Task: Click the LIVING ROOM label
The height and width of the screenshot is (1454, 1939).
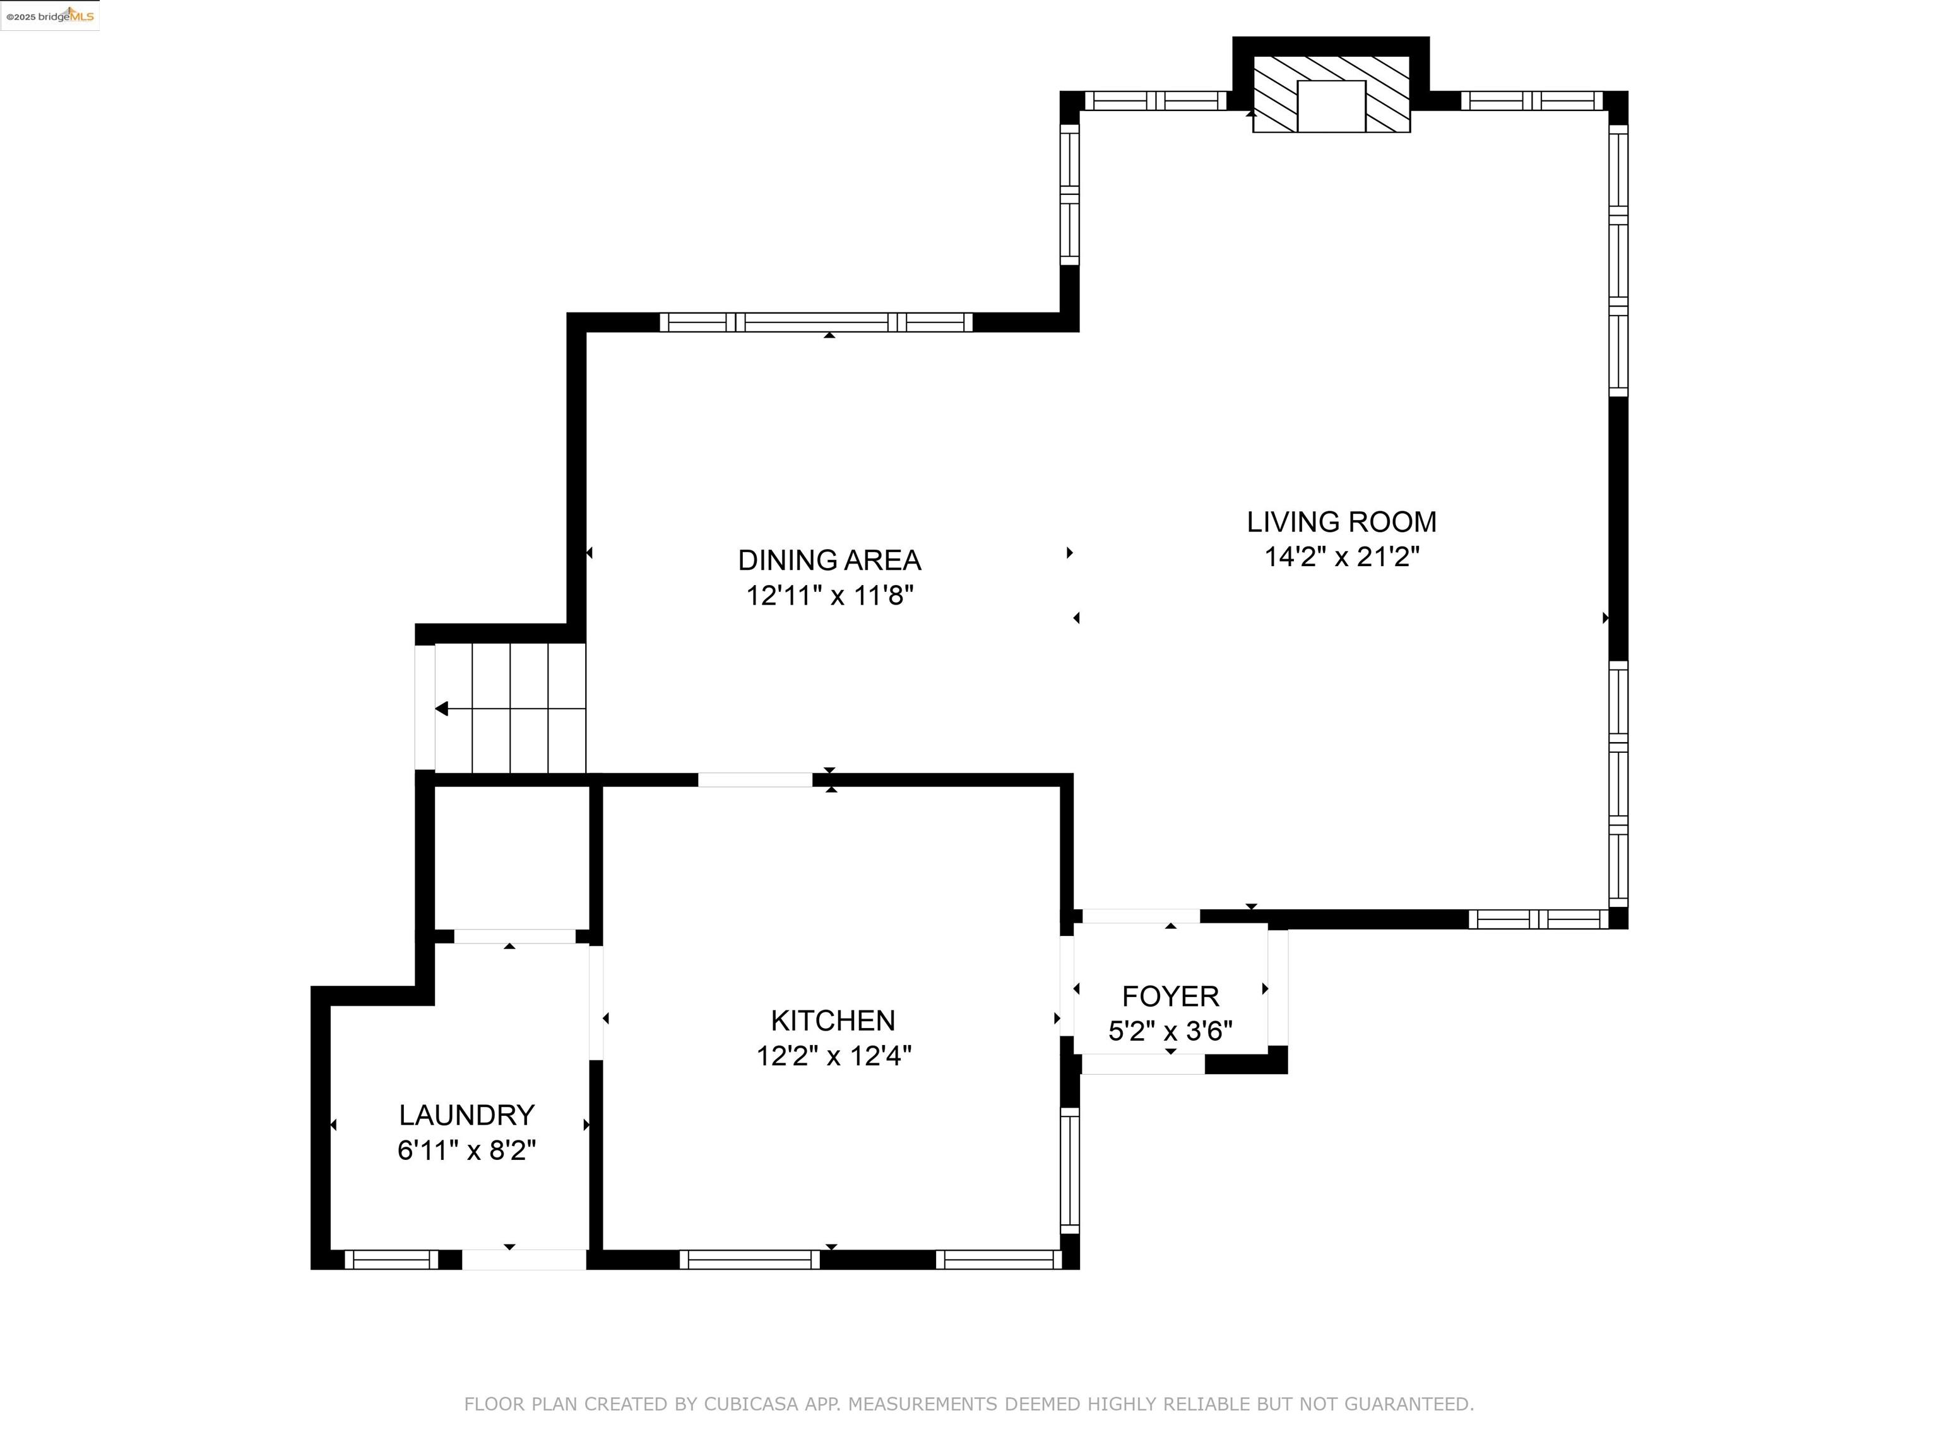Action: click(1341, 523)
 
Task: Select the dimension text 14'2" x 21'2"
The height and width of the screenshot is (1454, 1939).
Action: click(1341, 557)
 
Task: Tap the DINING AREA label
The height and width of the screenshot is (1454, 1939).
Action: click(829, 560)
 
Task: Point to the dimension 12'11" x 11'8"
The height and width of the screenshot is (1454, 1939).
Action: click(829, 596)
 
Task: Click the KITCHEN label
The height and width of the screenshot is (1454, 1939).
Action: click(833, 1020)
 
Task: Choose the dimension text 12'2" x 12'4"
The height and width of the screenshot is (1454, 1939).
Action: click(834, 1056)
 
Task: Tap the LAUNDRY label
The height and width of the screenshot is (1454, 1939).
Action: click(466, 1115)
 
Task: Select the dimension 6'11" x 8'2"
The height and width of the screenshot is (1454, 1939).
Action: click(466, 1150)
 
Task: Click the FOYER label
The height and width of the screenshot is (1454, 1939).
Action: click(1170, 996)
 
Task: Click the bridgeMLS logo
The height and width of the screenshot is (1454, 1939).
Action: click(50, 16)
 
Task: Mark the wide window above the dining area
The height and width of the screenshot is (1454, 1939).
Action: click(816, 322)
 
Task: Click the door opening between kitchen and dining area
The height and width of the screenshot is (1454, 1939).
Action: click(755, 780)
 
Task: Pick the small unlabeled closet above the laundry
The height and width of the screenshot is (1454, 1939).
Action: click(511, 857)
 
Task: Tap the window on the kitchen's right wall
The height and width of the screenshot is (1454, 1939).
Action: click(1069, 1169)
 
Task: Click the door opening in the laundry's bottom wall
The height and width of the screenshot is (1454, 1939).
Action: click(524, 1260)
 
